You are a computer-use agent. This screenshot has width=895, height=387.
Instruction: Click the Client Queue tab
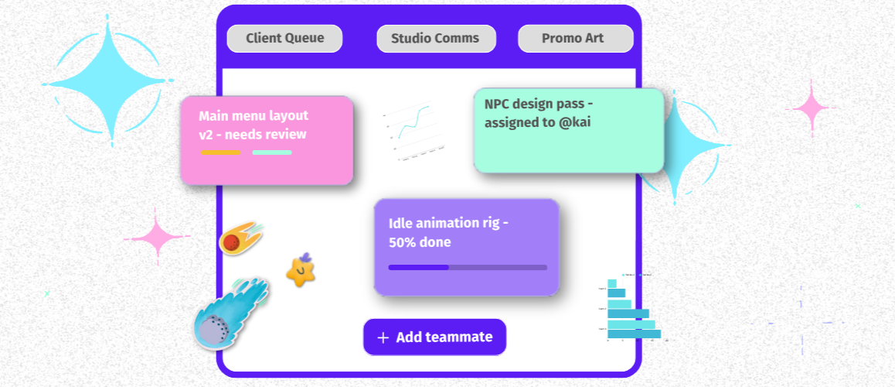point(284,39)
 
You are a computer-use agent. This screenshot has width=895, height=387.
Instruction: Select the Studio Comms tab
point(434,39)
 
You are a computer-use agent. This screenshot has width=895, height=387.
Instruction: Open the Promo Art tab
point(575,39)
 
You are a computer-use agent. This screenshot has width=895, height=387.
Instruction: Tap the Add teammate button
point(434,337)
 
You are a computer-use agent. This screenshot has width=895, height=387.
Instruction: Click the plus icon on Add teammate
point(383,337)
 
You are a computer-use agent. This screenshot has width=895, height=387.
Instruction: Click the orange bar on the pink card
point(221,152)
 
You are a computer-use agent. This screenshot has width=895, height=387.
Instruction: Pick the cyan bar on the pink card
point(272,152)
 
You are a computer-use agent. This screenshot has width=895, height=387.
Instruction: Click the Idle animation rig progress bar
point(467,268)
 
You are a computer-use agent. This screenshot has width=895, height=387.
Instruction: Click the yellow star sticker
point(300,271)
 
